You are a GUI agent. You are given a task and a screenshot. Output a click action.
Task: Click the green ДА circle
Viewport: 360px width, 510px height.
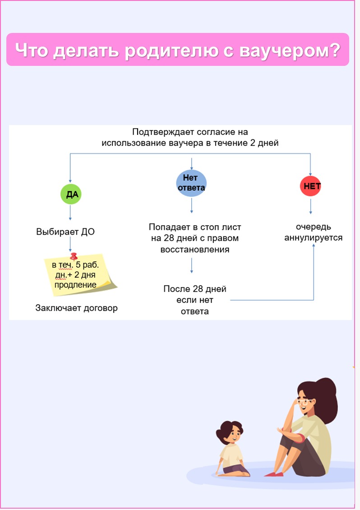coord(71,194)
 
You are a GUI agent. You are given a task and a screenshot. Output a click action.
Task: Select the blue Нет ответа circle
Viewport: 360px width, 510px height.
coord(191,183)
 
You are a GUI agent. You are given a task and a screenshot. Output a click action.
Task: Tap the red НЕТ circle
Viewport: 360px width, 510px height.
coord(310,186)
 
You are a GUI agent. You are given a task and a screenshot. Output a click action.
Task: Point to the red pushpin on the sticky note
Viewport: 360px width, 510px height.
coord(74,256)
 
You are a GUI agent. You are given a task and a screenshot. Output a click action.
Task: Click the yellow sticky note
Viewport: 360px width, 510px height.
coord(80,275)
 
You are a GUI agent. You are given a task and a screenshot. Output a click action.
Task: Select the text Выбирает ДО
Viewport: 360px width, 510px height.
coord(65,232)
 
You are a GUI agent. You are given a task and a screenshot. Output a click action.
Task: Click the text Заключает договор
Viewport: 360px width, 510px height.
coord(76,308)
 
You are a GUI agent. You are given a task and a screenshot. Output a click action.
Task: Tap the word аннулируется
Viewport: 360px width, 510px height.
coord(314,238)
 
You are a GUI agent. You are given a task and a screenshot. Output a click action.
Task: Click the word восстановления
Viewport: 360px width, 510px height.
coord(195,250)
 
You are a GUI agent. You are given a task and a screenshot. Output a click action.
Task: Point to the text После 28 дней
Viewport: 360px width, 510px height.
coord(195,289)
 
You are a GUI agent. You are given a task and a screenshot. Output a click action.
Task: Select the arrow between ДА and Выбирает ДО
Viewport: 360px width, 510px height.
coord(70,213)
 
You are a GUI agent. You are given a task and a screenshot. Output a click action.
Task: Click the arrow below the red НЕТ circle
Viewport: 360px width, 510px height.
coord(310,206)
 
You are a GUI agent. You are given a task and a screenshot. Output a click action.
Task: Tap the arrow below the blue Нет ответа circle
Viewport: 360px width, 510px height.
coord(192,205)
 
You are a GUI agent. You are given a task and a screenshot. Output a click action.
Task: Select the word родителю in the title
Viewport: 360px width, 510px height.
coord(171,51)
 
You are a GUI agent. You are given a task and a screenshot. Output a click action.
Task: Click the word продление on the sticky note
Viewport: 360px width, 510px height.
coord(75,285)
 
